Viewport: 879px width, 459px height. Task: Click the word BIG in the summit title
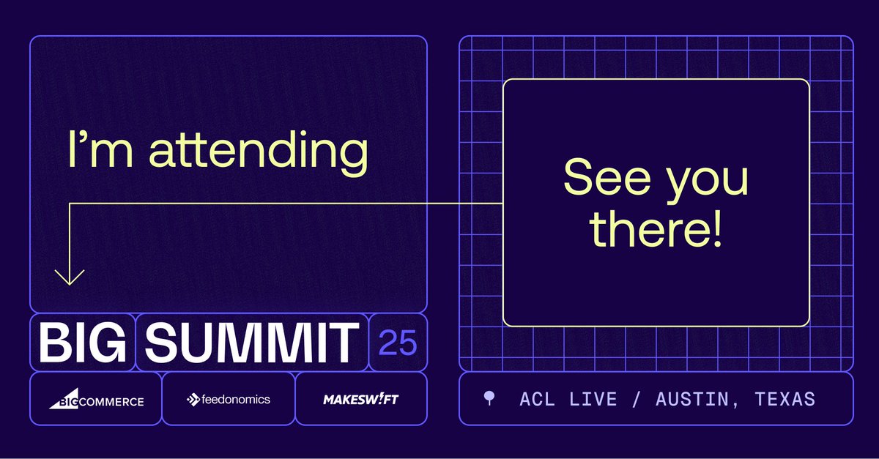tap(82, 343)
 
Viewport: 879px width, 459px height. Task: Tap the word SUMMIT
tap(251, 343)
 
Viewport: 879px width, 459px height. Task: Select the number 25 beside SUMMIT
tap(398, 343)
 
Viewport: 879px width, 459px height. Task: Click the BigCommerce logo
tap(96, 400)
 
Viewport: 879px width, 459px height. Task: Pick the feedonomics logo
tap(229, 399)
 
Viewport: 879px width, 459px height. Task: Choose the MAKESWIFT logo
tap(361, 400)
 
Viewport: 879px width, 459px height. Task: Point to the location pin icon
tap(489, 398)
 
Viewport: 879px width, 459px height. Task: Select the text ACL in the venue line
tap(538, 399)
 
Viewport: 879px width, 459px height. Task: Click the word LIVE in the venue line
tap(592, 399)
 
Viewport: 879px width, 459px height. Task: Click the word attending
tap(259, 150)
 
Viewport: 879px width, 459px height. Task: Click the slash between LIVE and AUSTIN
tap(636, 399)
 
